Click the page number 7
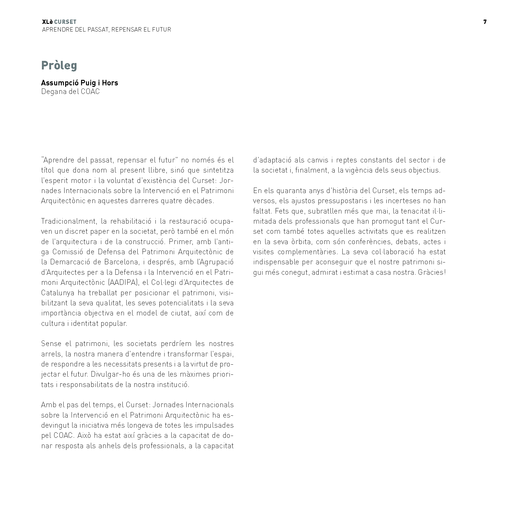(x=485, y=22)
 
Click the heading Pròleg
(x=59, y=65)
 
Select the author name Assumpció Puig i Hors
(x=80, y=83)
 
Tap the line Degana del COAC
(x=70, y=91)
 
